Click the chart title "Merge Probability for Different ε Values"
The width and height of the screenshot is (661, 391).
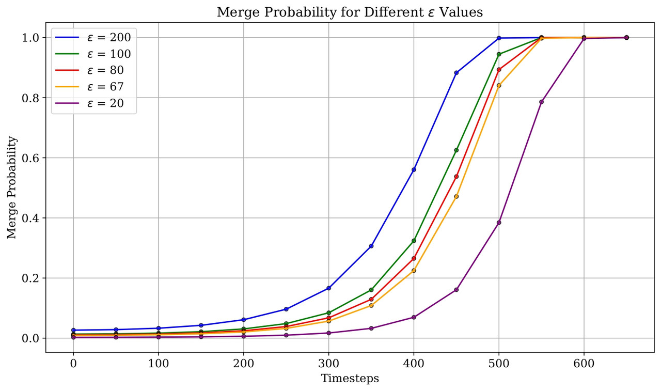point(350,12)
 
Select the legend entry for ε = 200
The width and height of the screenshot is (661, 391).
point(108,37)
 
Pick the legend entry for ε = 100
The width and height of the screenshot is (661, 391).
point(108,54)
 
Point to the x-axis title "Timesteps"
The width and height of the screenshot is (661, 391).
point(350,379)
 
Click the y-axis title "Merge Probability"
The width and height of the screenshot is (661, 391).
point(12,187)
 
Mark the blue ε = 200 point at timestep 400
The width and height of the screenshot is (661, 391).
point(414,169)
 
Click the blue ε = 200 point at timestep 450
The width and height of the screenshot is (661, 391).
point(456,73)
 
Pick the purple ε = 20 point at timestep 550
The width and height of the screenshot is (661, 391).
point(541,102)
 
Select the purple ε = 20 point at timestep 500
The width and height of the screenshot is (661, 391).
point(499,223)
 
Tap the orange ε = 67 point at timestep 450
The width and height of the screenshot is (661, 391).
point(456,196)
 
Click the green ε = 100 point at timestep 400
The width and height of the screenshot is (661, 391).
point(414,241)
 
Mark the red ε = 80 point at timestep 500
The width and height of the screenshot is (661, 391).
point(499,70)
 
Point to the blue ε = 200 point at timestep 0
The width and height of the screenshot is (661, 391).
point(73,330)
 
